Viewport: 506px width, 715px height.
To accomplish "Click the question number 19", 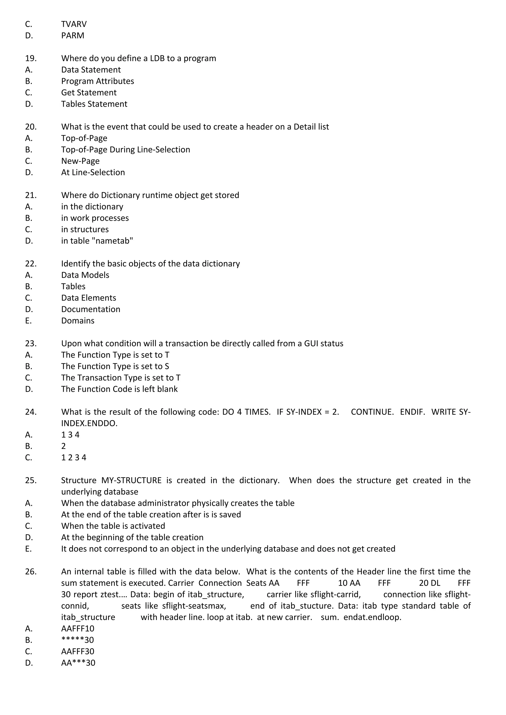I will [31, 58].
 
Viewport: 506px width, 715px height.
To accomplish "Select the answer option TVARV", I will [74, 24].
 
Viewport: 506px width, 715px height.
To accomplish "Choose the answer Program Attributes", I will [98, 81].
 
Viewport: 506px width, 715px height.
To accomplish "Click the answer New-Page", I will [80, 161].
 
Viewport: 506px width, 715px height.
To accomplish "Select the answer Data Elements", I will [88, 298].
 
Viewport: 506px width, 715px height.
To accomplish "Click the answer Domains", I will [78, 320].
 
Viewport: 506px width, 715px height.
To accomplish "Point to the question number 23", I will [31, 343].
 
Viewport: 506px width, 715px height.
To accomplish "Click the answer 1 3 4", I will [70, 435].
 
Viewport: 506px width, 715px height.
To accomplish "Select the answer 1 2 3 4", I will [74, 457].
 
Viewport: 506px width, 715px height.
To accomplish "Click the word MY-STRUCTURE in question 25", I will [131, 480].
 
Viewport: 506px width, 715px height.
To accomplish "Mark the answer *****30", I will [78, 640].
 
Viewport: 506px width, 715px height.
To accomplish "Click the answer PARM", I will [73, 36].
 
